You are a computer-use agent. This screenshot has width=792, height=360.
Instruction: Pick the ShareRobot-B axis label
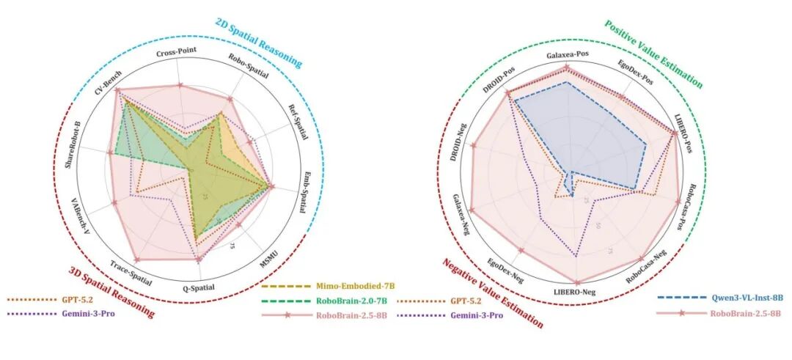coord(73,142)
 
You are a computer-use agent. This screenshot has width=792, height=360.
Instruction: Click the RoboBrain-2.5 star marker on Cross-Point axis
coord(180,86)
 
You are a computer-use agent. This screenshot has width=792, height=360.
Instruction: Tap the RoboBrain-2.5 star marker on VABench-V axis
coord(114,202)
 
